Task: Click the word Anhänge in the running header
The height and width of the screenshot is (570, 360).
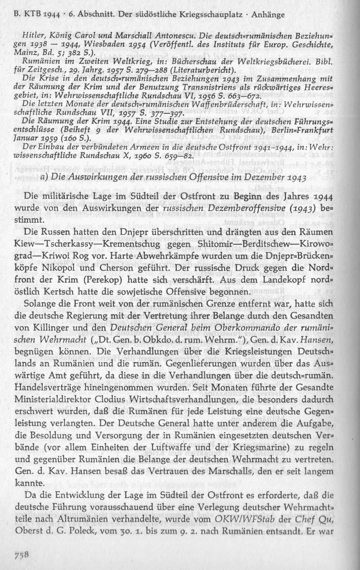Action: [268, 15]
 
